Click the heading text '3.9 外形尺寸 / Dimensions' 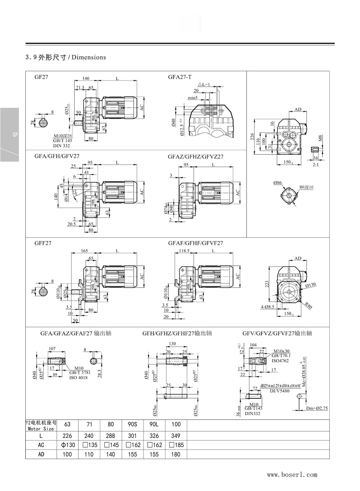click(66, 58)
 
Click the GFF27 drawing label click(43, 243)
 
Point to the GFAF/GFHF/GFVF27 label click(196, 243)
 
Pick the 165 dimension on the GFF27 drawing click(85, 250)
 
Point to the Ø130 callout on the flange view click(311, 285)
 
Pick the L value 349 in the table click(175, 436)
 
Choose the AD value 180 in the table click(175, 454)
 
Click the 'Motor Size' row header click(40, 429)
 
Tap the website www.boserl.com click(292, 474)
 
